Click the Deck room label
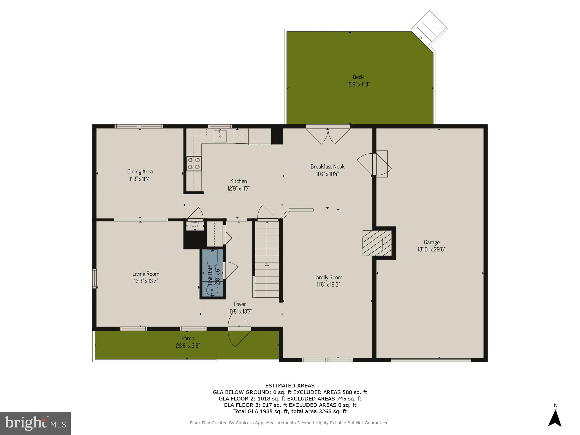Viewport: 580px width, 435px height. (358, 77)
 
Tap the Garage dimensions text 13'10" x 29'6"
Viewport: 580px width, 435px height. (432, 249)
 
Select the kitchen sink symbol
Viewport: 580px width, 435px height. (220, 136)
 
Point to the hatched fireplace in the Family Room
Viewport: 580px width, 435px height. (377, 243)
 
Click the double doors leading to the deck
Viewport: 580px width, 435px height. (328, 136)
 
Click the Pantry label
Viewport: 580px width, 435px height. (195, 223)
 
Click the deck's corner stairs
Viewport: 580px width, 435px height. (429, 28)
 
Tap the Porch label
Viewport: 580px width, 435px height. (188, 338)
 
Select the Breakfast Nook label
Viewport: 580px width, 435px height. (327, 166)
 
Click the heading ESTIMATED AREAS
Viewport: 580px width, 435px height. (290, 386)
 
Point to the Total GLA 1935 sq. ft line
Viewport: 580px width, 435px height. (290, 412)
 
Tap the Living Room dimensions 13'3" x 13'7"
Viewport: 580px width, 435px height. (146, 281)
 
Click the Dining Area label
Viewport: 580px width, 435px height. (140, 171)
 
